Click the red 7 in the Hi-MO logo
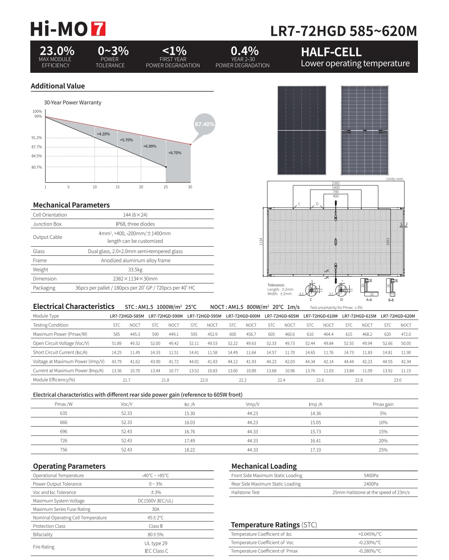[98, 29]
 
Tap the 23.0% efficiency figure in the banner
[57, 51]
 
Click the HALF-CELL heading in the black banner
[331, 52]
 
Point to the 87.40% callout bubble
[205, 124]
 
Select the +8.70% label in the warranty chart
[175, 153]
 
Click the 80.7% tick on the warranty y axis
[37, 167]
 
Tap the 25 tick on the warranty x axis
[166, 187]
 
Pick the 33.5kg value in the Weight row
[135, 270]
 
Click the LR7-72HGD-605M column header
[281, 316]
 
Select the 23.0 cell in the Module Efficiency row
[397, 380]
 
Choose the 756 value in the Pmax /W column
[64, 449]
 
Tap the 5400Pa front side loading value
[371, 475]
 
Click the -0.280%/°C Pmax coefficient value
[370, 551]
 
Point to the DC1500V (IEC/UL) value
[155, 501]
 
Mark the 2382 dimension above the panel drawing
[336, 183]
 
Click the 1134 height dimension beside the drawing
[261, 242]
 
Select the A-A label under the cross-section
[369, 300]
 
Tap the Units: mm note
[394, 179]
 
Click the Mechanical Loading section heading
[264, 466]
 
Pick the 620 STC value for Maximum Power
[388, 334]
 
